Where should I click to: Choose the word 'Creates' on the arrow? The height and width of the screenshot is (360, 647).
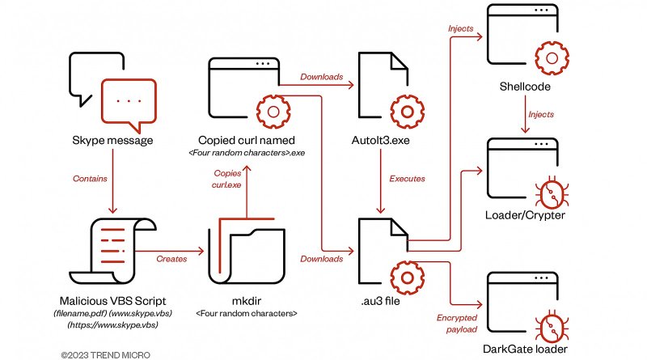[x=171, y=258]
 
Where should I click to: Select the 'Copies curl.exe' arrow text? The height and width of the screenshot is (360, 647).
[x=228, y=179]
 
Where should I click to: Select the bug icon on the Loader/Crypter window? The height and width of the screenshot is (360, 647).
[x=552, y=192]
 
